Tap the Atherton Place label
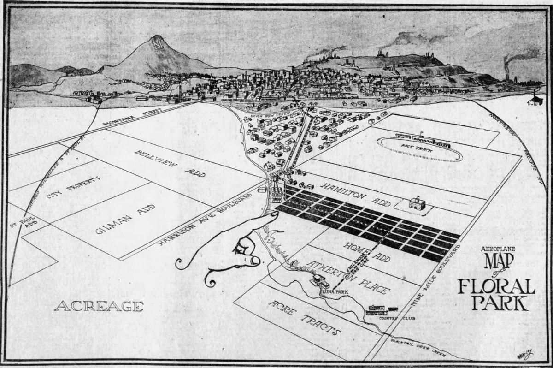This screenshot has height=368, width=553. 350,278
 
